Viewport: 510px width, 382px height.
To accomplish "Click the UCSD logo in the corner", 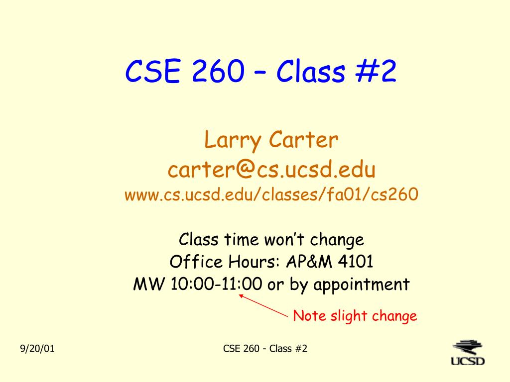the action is click(x=468, y=353).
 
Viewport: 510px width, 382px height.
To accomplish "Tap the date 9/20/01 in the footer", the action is click(x=37, y=349).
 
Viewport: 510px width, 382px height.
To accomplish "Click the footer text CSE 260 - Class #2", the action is click(x=265, y=349).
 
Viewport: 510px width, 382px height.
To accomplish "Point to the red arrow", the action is click(x=263, y=305).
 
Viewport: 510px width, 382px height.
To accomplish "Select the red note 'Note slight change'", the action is click(x=355, y=316).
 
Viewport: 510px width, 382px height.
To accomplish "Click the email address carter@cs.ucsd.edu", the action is click(x=271, y=169).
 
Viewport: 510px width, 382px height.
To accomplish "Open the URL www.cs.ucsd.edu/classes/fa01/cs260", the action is click(x=271, y=194).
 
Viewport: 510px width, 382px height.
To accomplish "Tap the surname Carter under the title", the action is click(x=303, y=140).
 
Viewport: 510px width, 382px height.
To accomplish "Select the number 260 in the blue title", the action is click(x=218, y=71).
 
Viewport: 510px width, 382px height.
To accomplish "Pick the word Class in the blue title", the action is click(x=311, y=71).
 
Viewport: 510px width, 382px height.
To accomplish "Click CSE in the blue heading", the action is click(x=152, y=71).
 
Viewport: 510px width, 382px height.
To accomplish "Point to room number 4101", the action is click(x=356, y=262).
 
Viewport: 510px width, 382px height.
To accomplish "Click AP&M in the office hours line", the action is click(x=309, y=262).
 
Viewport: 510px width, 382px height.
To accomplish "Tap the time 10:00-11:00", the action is click(x=216, y=284).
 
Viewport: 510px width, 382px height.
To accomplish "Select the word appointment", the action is click(x=362, y=285).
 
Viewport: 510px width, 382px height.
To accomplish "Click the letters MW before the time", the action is click(x=149, y=284).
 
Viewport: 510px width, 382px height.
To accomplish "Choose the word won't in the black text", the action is click(x=284, y=239).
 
